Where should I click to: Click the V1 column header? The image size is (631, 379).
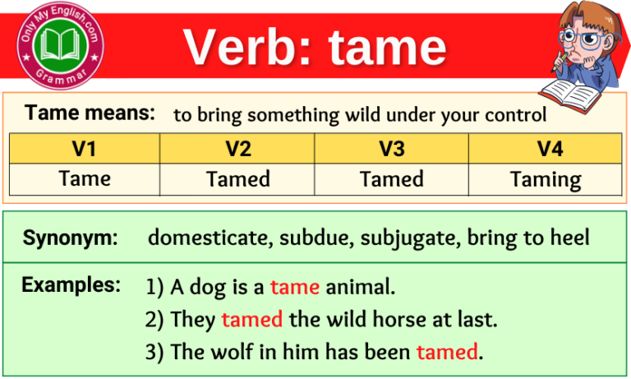point(84,149)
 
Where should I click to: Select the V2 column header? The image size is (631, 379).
point(238,149)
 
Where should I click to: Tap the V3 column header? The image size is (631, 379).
point(392,149)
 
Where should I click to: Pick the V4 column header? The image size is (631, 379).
point(546,149)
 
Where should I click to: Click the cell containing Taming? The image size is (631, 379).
point(546,179)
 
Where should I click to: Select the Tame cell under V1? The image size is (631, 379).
point(84,179)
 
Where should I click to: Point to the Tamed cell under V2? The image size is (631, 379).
point(238,179)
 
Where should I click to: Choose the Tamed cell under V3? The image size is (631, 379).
point(392,179)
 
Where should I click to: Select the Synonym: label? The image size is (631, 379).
point(71,238)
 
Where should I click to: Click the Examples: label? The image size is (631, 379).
point(71,285)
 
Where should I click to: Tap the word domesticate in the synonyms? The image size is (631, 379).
point(210,238)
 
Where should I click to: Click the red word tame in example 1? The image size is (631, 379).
point(295,288)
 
